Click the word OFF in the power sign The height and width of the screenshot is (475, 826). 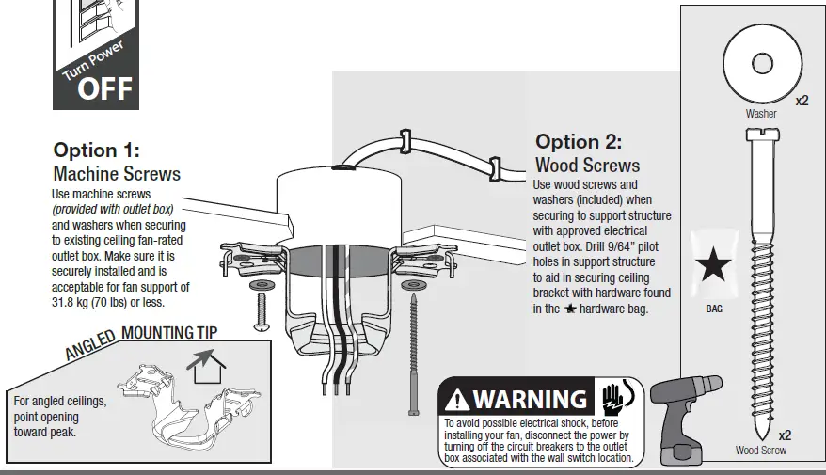pos(104,89)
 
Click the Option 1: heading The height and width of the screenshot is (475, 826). pos(96,151)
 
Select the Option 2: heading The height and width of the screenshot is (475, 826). pos(579,142)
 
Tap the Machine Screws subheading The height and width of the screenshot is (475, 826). pos(117,174)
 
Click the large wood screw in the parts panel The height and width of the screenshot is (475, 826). pos(760,282)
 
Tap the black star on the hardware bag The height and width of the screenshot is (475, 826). pos(714,265)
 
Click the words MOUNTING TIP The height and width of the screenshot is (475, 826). pos(169,332)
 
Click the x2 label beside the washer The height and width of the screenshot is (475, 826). pos(802,101)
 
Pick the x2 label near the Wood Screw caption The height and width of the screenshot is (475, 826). pos(785,435)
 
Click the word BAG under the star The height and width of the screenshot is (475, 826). pos(714,309)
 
